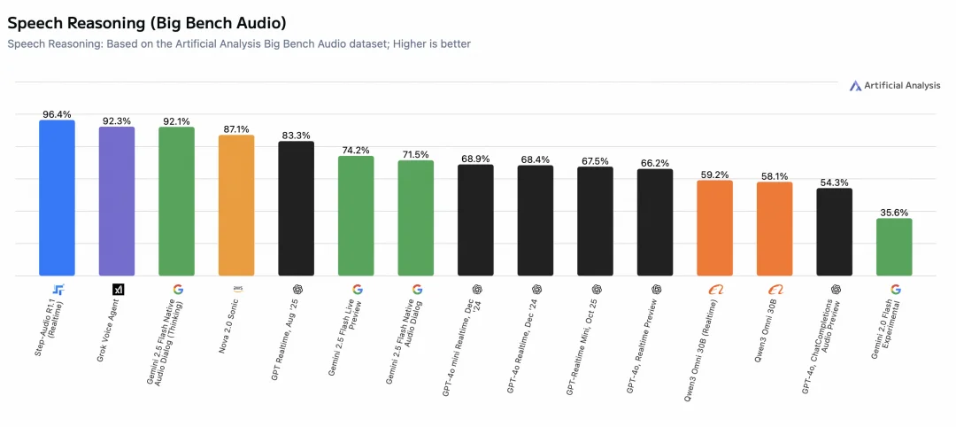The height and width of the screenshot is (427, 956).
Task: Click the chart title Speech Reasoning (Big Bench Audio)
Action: click(146, 21)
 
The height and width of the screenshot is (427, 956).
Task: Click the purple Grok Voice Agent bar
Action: click(117, 201)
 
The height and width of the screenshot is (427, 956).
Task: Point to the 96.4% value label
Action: click(57, 114)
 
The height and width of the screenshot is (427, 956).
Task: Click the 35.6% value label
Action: click(894, 213)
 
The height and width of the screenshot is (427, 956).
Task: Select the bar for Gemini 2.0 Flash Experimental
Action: click(894, 247)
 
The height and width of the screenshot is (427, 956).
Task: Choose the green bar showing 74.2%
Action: click(356, 216)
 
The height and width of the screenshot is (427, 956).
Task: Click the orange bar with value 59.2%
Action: click(714, 228)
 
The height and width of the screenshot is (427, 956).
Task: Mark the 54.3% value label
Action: click(834, 182)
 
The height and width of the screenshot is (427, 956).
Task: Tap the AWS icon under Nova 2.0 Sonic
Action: click(237, 289)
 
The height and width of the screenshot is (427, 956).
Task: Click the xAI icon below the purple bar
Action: click(118, 289)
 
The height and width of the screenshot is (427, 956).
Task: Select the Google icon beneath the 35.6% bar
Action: click(895, 289)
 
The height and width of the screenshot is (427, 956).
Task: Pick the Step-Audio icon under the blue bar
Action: click(58, 289)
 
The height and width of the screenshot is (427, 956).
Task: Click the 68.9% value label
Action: click(475, 159)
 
